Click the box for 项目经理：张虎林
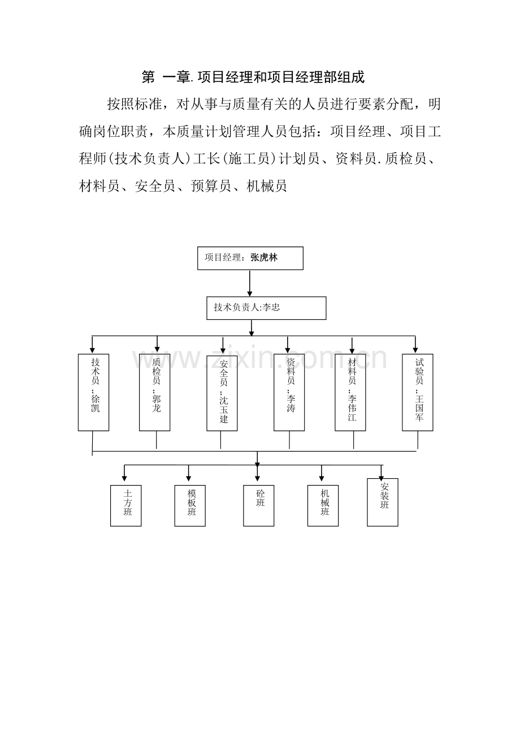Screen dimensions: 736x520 click(x=250, y=258)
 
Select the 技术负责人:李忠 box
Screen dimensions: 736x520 click(x=266, y=308)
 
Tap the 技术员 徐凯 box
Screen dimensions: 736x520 click(x=93, y=392)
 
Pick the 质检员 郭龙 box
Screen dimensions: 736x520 click(x=155, y=392)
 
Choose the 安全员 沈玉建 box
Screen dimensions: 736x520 click(x=222, y=392)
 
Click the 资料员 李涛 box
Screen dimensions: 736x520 click(x=289, y=392)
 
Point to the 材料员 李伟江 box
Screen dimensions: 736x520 click(x=350, y=392)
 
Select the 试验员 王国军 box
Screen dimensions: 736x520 click(x=418, y=392)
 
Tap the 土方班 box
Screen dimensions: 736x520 click(x=126, y=505)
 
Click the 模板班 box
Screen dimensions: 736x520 click(x=190, y=505)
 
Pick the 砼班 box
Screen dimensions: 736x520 click(x=259, y=505)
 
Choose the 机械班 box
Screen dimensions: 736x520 click(x=323, y=505)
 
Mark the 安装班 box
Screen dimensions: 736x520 click(x=383, y=502)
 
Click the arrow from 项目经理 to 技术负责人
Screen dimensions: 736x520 click(x=250, y=283)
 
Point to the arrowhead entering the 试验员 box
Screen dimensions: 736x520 click(x=415, y=350)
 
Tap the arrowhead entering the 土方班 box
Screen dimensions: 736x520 click(x=125, y=478)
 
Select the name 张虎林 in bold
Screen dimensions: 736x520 click(x=264, y=258)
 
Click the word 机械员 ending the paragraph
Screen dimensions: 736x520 click(x=267, y=185)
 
